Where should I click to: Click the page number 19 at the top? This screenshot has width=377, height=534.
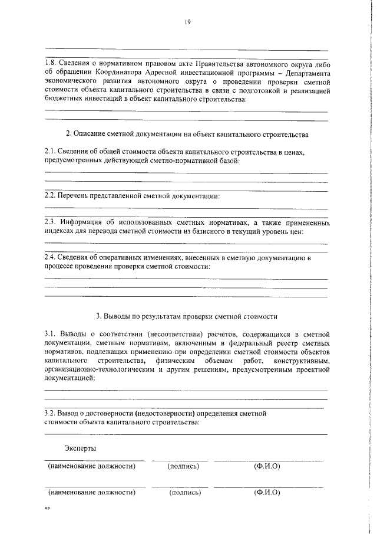[x=187, y=22]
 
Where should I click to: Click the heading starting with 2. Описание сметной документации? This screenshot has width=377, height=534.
[x=187, y=135]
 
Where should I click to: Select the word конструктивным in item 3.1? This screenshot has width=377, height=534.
[x=300, y=361]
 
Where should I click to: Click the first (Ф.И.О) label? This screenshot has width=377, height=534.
[x=267, y=466]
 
